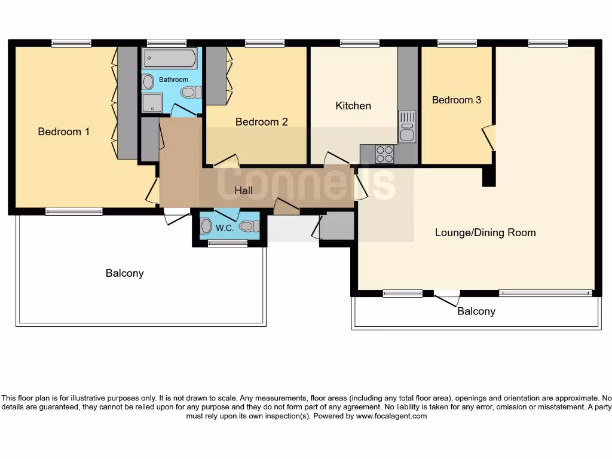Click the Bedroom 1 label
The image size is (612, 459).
(x=63, y=131)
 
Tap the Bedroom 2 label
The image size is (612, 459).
(x=262, y=122)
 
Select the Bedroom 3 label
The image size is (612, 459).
(x=456, y=100)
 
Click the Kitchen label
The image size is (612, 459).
(x=353, y=106)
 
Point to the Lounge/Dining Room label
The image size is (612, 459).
(x=485, y=232)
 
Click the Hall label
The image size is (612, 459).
(x=243, y=191)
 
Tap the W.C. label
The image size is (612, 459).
(x=225, y=228)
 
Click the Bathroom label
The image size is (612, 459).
(x=173, y=79)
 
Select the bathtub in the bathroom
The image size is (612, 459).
(x=169, y=59)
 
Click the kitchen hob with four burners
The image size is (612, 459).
(x=384, y=154)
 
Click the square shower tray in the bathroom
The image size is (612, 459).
(x=152, y=103)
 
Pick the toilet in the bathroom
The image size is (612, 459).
(x=191, y=93)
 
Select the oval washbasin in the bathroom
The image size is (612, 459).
(x=148, y=82)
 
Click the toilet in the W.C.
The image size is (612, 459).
(x=249, y=226)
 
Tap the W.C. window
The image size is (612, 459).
(x=228, y=244)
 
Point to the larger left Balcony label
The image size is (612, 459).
(x=124, y=273)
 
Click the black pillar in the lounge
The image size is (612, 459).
(x=489, y=177)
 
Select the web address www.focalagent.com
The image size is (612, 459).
(x=391, y=416)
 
